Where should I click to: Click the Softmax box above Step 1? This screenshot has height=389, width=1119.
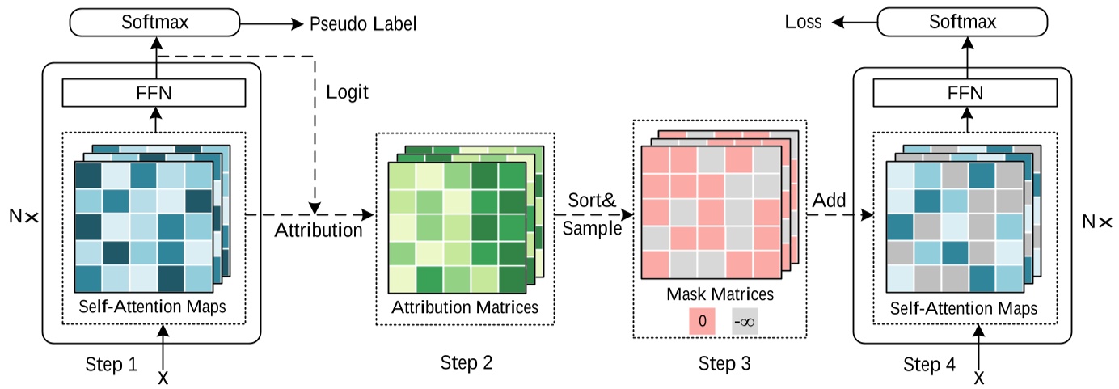coord(155,22)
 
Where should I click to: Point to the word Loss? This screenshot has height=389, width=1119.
coord(804,23)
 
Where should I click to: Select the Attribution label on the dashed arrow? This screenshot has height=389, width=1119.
coord(319,230)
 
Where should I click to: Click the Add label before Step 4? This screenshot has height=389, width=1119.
coord(830,199)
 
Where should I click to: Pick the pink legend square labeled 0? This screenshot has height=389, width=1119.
coord(702,320)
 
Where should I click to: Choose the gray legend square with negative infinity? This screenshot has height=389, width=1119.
coord(745,320)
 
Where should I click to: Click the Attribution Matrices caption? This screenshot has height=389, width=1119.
coord(464,307)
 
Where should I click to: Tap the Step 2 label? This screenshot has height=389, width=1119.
coord(467,362)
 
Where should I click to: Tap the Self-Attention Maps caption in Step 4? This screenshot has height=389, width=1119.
coord(963,308)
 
